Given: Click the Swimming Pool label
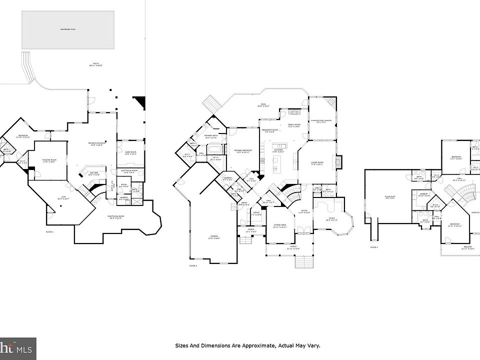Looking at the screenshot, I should [x=68, y=30].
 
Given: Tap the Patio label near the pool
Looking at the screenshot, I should [x=95, y=64].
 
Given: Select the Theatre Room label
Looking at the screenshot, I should [x=49, y=160].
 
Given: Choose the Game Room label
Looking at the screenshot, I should [x=130, y=153].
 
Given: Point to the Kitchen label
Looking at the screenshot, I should [x=278, y=150].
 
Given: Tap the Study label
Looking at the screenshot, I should [x=331, y=218].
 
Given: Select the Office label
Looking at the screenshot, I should [x=256, y=213].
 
